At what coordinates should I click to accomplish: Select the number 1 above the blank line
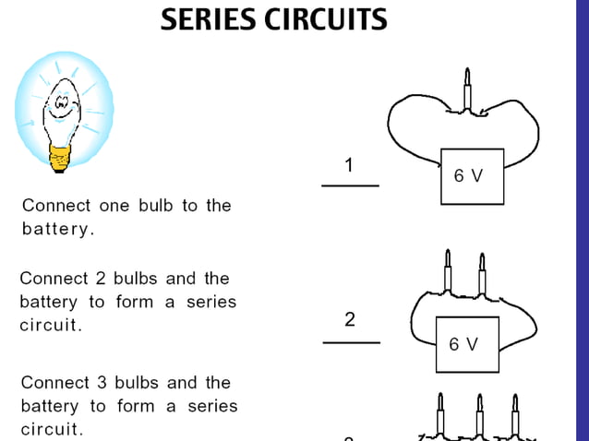pyautogui.click(x=349, y=166)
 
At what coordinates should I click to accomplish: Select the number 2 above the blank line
pyautogui.click(x=350, y=320)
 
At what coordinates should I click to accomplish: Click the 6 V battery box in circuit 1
pyautogui.click(x=472, y=175)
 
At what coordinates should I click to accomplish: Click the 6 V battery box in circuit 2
pyautogui.click(x=466, y=344)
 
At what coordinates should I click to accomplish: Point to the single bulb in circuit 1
pyautogui.click(x=466, y=89)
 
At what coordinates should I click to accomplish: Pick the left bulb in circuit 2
pyautogui.click(x=448, y=271)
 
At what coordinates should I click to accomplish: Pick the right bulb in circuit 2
pyautogui.click(x=481, y=272)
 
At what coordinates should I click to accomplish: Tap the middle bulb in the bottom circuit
pyautogui.click(x=480, y=416)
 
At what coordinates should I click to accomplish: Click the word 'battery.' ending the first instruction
pyautogui.click(x=58, y=229)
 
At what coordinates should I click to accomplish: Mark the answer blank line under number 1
pyautogui.click(x=350, y=185)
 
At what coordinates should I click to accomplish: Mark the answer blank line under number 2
pyautogui.click(x=351, y=342)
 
